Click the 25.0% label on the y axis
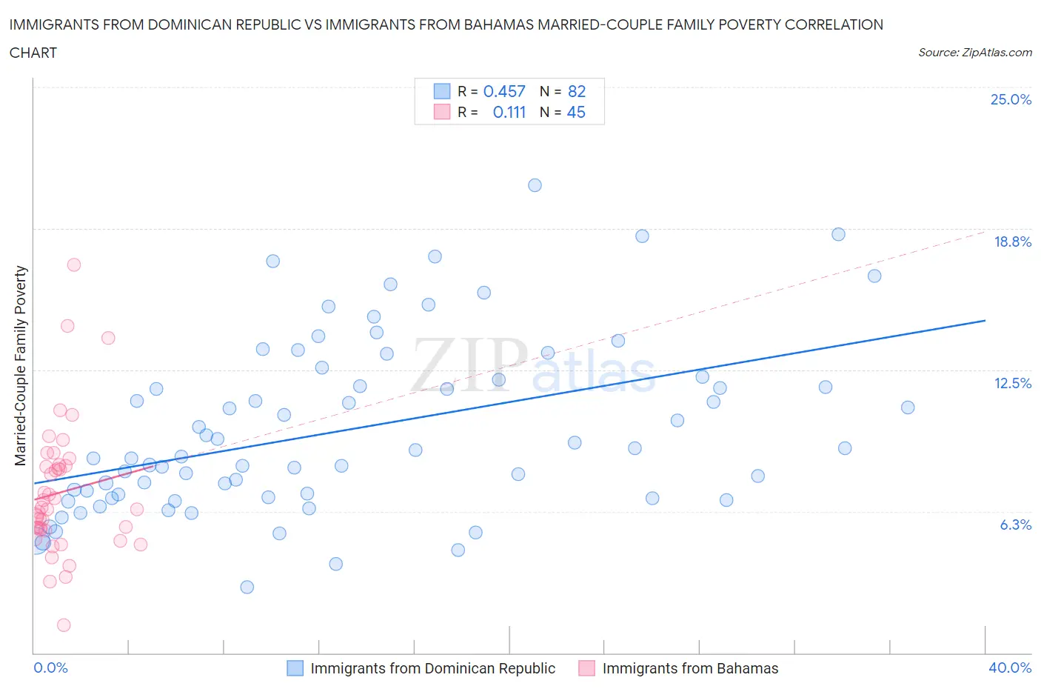(1011, 99)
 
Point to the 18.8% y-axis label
(1012, 242)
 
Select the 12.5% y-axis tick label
(1012, 383)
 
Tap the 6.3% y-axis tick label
(1015, 525)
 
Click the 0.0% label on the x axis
(50, 668)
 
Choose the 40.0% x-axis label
(1010, 668)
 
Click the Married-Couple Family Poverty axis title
(21, 366)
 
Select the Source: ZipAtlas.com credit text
(974, 53)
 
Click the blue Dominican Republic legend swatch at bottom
(295, 668)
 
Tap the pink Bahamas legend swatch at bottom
(587, 668)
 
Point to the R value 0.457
(504, 91)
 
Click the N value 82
(577, 91)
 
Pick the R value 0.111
(509, 112)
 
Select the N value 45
(576, 112)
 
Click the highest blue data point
(535, 185)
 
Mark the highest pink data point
(73, 264)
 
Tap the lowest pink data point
(64, 625)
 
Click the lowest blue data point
(247, 587)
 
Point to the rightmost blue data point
(908, 407)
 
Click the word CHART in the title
(33, 53)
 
